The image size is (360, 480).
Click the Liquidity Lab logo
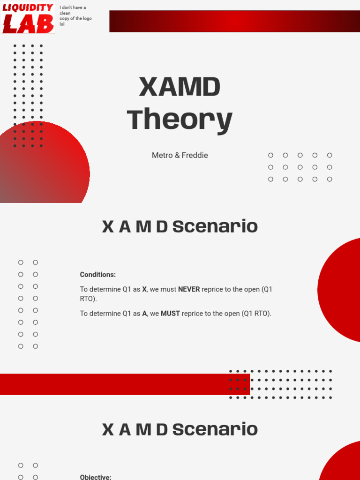(28, 19)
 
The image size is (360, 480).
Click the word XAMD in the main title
(180, 87)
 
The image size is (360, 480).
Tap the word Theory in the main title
(180, 120)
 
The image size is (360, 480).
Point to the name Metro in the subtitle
(162, 155)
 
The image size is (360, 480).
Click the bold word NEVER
(189, 290)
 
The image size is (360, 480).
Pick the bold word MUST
(170, 314)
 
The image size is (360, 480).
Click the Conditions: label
(97, 275)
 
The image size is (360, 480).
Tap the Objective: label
(96, 477)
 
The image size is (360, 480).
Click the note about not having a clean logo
(75, 16)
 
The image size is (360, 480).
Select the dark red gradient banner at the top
(234, 22)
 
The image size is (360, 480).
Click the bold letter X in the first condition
(144, 290)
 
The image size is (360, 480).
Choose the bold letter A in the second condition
(144, 314)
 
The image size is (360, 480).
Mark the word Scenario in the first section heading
(215, 227)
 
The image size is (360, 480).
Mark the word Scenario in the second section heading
(215, 430)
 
